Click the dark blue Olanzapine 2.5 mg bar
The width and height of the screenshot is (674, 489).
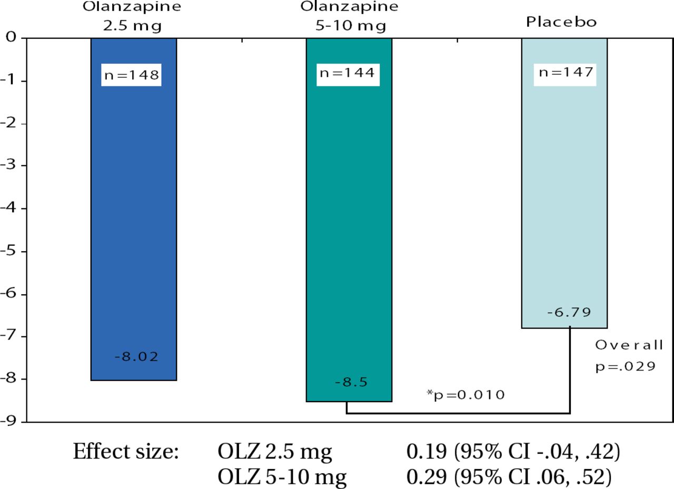coord(133,221)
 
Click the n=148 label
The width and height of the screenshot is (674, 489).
coord(132,75)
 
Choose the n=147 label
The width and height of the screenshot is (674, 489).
coord(563,73)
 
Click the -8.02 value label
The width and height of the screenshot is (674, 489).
coord(136,357)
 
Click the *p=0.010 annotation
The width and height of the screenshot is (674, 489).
coord(465,394)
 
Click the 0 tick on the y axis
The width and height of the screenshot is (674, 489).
coord(11,38)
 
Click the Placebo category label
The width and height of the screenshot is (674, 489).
coord(561,23)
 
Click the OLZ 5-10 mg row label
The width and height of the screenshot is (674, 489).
coord(282,477)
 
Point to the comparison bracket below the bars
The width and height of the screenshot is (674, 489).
coord(458,413)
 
